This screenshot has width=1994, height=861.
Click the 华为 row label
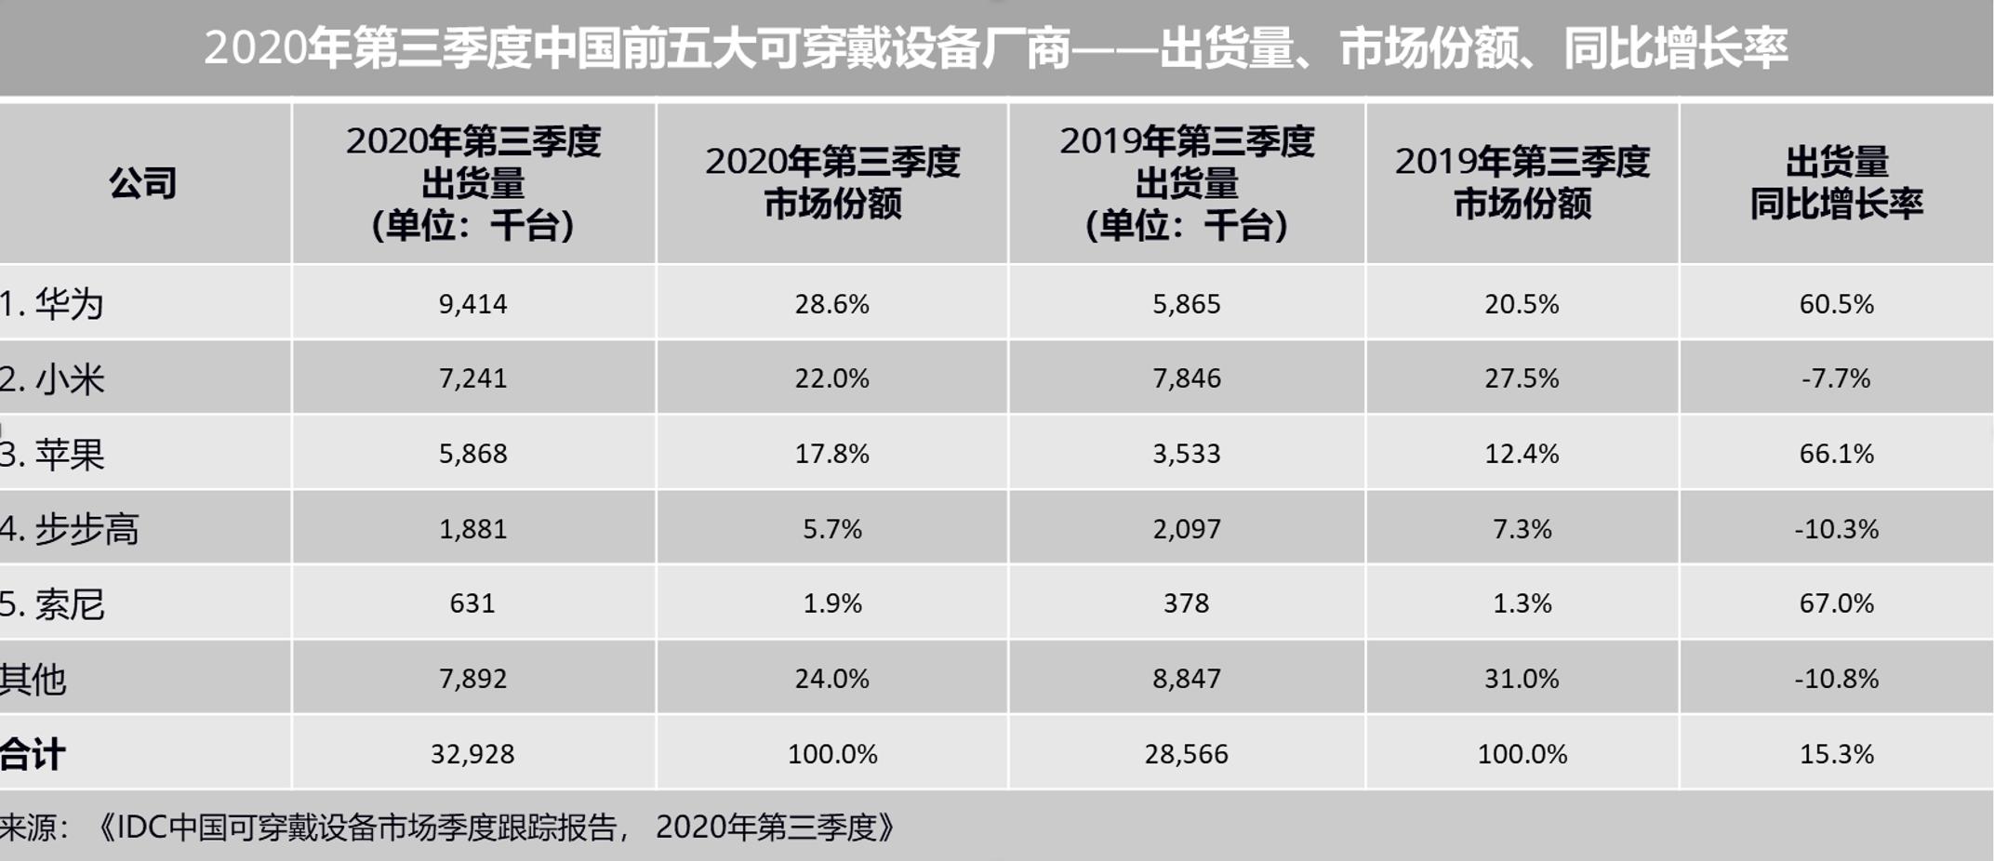(52, 304)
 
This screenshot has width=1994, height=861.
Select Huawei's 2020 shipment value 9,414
(472, 304)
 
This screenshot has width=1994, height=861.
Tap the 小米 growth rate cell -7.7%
(1835, 378)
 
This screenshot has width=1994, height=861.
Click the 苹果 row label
(52, 455)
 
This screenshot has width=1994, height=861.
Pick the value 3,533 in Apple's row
(1186, 454)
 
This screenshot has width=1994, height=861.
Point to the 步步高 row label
(70, 529)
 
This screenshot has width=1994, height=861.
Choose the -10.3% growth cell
(1836, 529)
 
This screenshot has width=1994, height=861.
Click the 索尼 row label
(52, 604)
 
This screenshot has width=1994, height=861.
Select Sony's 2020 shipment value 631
(472, 603)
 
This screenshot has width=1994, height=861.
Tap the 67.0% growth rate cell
(1836, 603)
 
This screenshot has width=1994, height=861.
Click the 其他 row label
(33, 680)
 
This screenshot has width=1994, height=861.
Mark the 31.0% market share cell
(1522, 679)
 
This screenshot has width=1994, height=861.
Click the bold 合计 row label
(33, 754)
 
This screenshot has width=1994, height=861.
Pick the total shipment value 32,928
(472, 754)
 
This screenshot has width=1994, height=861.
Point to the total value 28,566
(1186, 754)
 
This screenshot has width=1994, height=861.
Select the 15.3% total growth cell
(1836, 754)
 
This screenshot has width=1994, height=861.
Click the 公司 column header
(142, 183)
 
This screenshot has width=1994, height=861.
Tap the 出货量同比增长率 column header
(1836, 183)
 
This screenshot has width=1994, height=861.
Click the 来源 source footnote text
(446, 827)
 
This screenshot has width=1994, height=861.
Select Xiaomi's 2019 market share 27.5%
(1522, 378)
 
